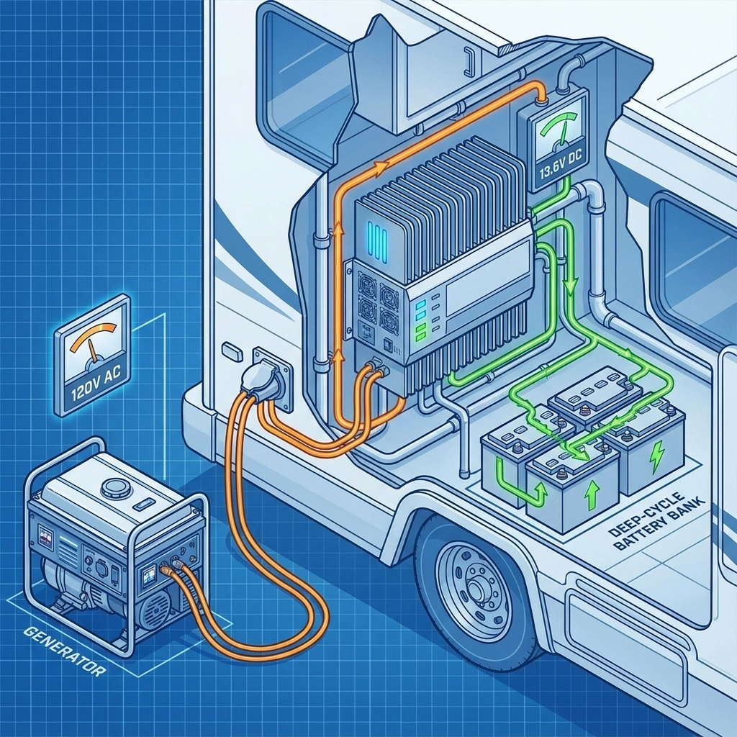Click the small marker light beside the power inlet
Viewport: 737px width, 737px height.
click(x=230, y=350)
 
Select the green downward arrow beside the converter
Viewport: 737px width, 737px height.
click(x=571, y=285)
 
